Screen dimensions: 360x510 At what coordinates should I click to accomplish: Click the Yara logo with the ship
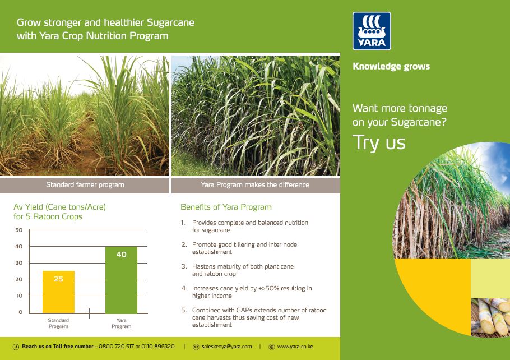coord(372,31)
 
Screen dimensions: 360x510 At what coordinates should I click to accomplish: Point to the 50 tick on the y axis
coord(19,230)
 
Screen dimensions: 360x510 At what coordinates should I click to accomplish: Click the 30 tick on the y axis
coord(19,263)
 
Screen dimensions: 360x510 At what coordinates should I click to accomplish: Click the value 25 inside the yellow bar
coord(58,279)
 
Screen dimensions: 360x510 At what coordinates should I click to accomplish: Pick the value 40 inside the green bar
coord(121,255)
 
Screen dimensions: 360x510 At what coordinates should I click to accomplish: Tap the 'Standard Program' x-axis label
coord(58,323)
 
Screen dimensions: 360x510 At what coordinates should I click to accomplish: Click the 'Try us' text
coord(379,142)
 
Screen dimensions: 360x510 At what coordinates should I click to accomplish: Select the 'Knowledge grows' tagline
coord(391,66)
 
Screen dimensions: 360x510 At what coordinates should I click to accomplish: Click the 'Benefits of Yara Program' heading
coord(226,207)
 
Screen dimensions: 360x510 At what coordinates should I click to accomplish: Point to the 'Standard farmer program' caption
coord(85,184)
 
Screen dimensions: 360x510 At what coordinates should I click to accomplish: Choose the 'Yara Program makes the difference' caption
coord(255,184)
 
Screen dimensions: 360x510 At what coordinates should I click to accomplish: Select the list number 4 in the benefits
coord(184,288)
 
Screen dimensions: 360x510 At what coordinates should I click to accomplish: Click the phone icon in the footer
coord(16,347)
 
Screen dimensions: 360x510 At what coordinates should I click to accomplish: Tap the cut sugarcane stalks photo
coord(490,317)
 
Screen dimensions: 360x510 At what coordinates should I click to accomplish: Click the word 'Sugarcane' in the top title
coord(170,23)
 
